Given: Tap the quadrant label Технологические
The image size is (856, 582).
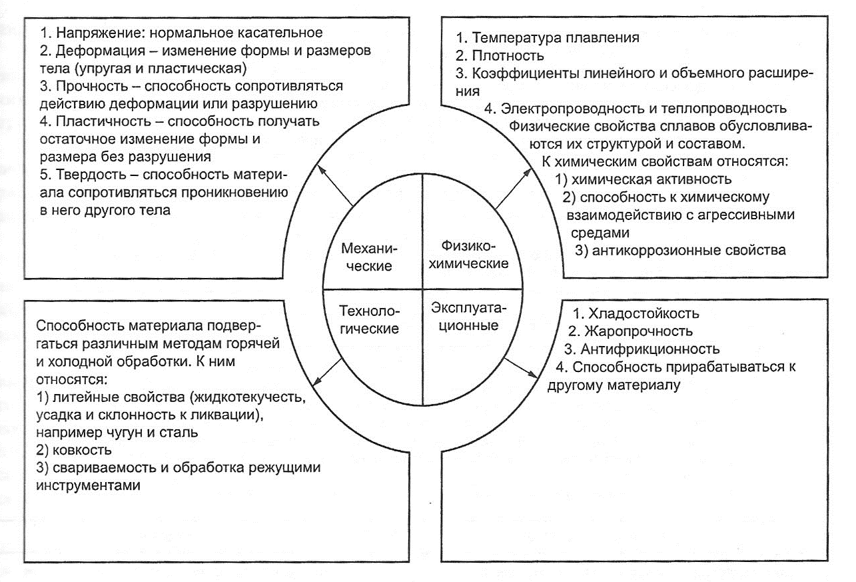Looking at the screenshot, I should pyautogui.click(x=368, y=319).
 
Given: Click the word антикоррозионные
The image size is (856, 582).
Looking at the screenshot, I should pyautogui.click(x=645, y=251).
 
